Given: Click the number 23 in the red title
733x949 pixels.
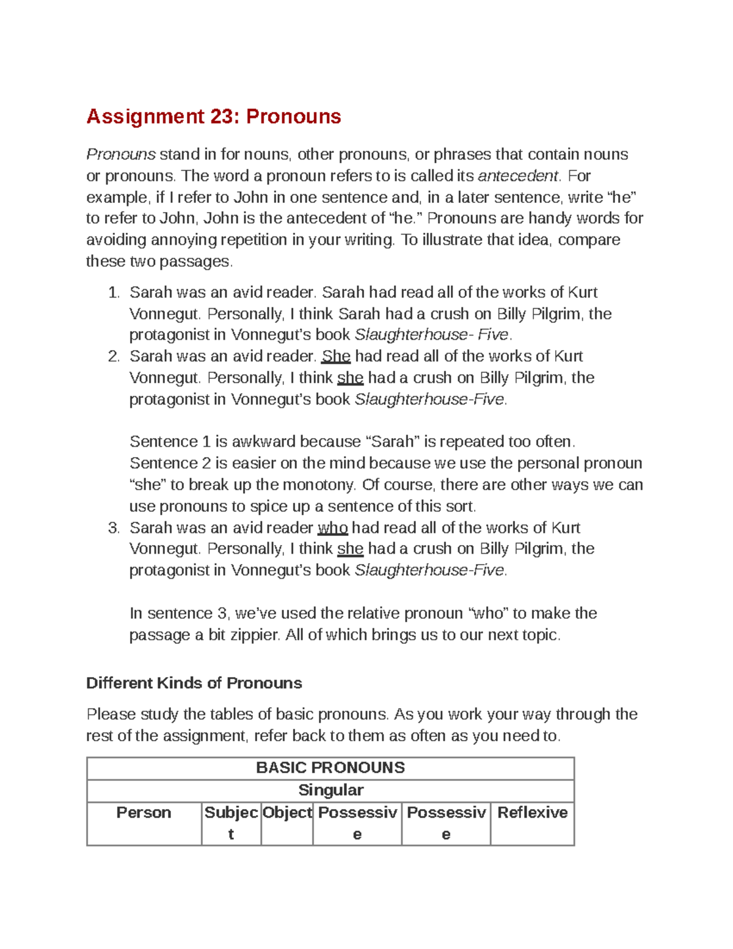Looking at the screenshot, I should [x=224, y=116].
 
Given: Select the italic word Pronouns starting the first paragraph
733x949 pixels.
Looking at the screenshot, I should [x=120, y=154].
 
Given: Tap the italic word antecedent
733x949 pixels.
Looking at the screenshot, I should [x=517, y=176].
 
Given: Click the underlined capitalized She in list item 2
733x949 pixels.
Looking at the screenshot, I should [x=335, y=356].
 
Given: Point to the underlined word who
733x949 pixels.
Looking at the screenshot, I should [x=332, y=528].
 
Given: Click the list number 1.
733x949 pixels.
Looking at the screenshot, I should [x=113, y=292].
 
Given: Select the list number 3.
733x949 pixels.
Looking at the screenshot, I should [x=113, y=528].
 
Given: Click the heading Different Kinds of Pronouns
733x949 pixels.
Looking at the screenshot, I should [x=194, y=683].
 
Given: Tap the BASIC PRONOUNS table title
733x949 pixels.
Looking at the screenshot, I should [x=330, y=768].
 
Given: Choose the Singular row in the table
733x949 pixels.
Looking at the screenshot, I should [x=330, y=790].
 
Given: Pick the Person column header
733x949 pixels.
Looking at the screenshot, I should [x=144, y=813].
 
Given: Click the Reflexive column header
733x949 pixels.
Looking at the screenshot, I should [x=532, y=813].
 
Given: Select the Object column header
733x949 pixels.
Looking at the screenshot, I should [x=286, y=813].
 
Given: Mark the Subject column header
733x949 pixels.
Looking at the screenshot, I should [x=231, y=823].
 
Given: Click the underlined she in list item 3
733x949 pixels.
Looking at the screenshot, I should [x=350, y=549].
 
